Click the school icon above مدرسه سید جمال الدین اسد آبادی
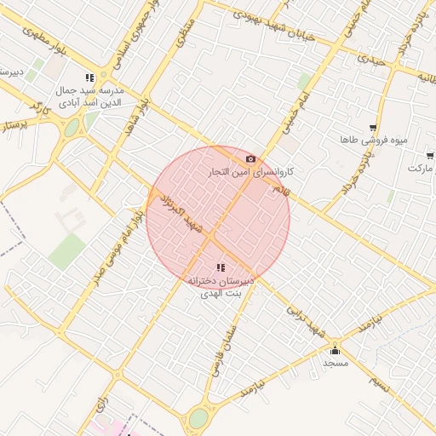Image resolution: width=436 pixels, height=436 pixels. click(90, 77)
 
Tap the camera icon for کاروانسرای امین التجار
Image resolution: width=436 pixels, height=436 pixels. click(250, 159)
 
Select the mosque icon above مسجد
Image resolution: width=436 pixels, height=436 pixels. click(335, 350)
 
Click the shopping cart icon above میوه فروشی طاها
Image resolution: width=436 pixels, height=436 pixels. click(373, 128)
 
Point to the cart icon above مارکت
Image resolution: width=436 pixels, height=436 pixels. click(430, 156)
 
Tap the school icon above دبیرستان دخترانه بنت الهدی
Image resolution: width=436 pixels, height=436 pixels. click(209, 268)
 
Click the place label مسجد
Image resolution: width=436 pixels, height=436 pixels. click(336, 363)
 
